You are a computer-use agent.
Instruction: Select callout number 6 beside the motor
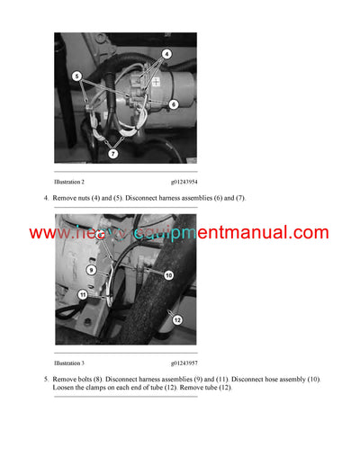pyautogui.click(x=174, y=104)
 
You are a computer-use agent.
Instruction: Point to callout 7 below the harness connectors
pyautogui.click(x=113, y=154)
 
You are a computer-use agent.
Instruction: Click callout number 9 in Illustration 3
pyautogui.click(x=92, y=268)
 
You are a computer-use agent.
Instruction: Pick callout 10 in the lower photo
pyautogui.click(x=167, y=274)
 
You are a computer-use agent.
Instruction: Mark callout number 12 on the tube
pyautogui.click(x=177, y=319)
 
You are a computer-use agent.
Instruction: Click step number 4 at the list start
pyautogui.click(x=47, y=198)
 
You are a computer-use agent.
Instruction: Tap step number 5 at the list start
pyautogui.click(x=47, y=380)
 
